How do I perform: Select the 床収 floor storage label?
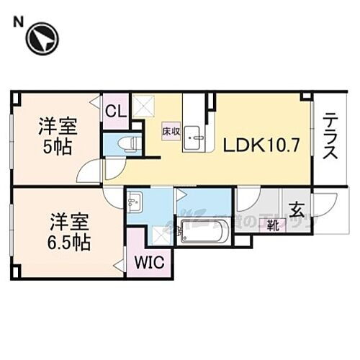click(x=171, y=132)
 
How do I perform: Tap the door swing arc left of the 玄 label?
click(x=248, y=198)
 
